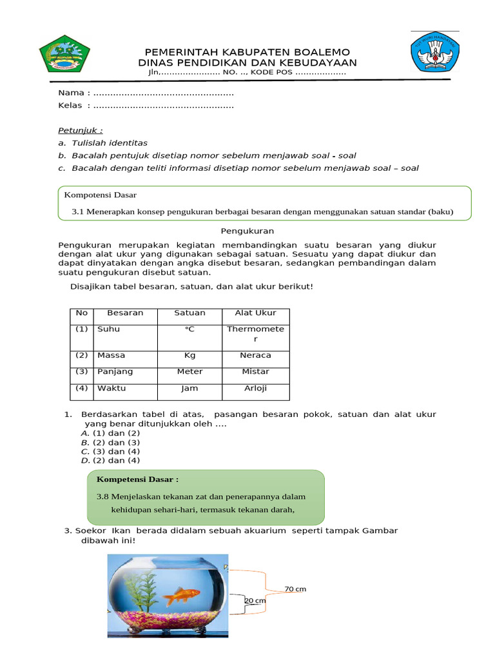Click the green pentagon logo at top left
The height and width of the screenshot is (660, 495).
(x=65, y=53)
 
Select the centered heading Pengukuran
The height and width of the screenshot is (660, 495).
(x=247, y=230)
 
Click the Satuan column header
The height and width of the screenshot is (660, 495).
(x=189, y=313)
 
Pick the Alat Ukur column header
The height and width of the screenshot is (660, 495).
(x=255, y=313)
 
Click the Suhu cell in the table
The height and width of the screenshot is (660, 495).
(x=108, y=329)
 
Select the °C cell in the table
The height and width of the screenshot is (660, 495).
(x=189, y=329)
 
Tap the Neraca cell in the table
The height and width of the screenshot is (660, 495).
(x=255, y=356)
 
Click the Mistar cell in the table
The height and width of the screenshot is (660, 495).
(x=255, y=372)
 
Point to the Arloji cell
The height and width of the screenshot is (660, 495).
(x=255, y=389)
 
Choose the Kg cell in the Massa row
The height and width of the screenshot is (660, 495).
(x=189, y=356)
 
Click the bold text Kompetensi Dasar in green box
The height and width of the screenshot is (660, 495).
(x=137, y=480)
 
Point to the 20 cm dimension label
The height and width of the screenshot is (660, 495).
(x=255, y=601)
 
